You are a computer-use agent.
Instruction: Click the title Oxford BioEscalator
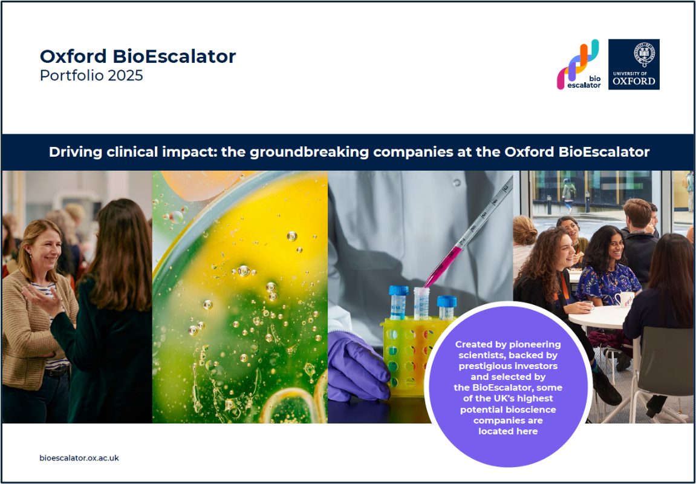click(x=138, y=56)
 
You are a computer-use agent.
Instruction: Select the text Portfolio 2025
click(x=91, y=76)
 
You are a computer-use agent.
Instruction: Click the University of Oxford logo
click(x=633, y=64)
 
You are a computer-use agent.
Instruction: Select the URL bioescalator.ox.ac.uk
click(x=79, y=458)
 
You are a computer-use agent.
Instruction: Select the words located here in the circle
click(x=508, y=431)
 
